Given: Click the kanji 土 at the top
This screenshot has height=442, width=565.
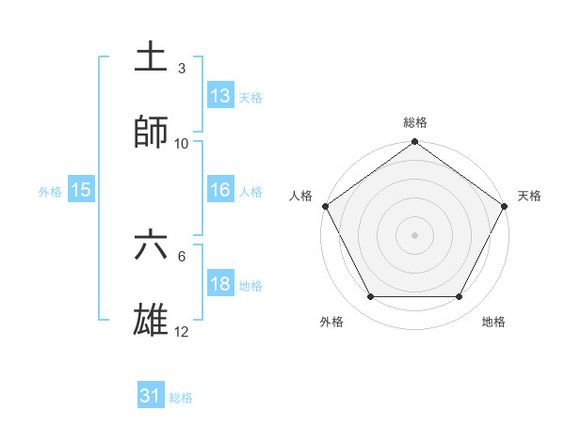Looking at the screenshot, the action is (x=152, y=56).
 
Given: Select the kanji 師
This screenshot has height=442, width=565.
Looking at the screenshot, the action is (x=152, y=132).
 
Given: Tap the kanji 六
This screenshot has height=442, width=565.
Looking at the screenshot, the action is (x=152, y=245).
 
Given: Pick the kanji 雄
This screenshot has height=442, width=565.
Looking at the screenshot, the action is (x=152, y=321).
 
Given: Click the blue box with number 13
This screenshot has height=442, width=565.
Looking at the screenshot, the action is (x=220, y=95).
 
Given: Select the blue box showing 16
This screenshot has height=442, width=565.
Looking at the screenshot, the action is (x=220, y=190).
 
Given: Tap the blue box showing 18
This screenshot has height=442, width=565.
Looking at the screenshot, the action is (x=220, y=284).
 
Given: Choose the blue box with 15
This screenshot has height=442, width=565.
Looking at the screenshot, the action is (x=81, y=190).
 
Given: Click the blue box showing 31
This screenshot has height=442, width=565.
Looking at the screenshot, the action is (x=151, y=397).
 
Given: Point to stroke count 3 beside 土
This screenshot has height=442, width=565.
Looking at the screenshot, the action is (x=182, y=69).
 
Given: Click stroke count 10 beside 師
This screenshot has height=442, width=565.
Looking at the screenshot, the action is (x=182, y=144).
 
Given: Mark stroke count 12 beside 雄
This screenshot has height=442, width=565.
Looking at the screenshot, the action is (x=182, y=333).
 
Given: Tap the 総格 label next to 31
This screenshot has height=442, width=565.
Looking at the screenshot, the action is (x=181, y=398).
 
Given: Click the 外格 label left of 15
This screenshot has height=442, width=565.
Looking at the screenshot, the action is (x=50, y=191).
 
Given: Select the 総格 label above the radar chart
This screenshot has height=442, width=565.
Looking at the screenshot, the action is (x=415, y=122).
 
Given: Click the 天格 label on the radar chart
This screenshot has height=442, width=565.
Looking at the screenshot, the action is (x=529, y=196).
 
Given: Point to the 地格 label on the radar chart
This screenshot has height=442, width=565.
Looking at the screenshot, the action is (x=493, y=322).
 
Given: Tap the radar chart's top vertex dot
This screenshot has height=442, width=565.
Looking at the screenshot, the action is (x=415, y=143).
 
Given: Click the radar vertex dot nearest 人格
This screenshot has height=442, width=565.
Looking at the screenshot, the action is (x=325, y=206).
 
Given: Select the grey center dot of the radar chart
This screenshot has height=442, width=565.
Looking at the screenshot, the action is (x=415, y=234).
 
